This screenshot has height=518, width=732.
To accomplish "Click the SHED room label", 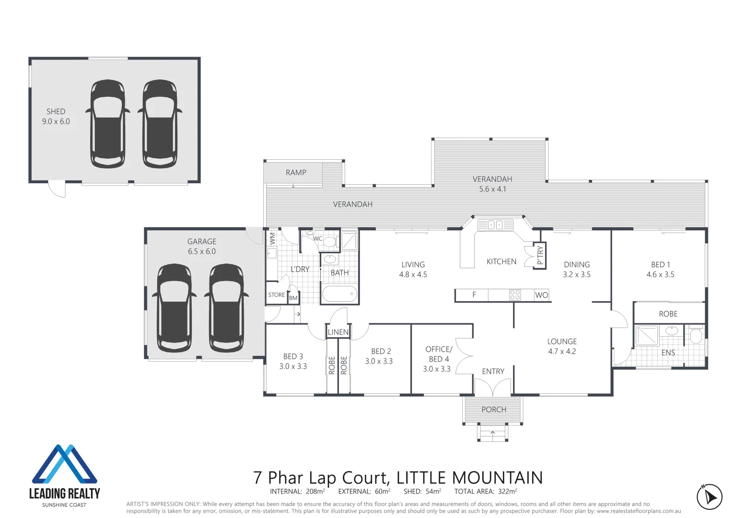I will [x=56, y=111].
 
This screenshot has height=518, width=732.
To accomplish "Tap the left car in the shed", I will [x=108, y=124].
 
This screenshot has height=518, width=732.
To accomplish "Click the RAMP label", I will [x=296, y=173].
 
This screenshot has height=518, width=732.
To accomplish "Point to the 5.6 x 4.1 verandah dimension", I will [x=492, y=189].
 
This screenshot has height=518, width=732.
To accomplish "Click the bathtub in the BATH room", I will [x=339, y=294].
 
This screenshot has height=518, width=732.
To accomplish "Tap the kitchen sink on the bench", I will [x=495, y=224].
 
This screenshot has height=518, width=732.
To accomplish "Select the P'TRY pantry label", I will [x=540, y=255].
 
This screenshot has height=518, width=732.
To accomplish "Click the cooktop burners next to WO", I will [x=515, y=295].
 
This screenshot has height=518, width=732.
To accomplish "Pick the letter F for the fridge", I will [x=474, y=295].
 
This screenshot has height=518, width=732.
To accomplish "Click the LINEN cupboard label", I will [x=338, y=332].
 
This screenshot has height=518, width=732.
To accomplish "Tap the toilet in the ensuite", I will [x=696, y=335].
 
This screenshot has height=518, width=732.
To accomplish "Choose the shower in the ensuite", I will [x=647, y=335].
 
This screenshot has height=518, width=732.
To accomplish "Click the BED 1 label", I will [x=660, y=265].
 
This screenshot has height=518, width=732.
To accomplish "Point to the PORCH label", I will [x=494, y=410].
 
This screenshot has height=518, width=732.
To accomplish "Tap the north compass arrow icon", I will [x=709, y=497].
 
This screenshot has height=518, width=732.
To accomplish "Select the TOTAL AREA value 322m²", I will [x=507, y=491].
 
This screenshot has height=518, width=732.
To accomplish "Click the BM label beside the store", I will [x=293, y=298].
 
